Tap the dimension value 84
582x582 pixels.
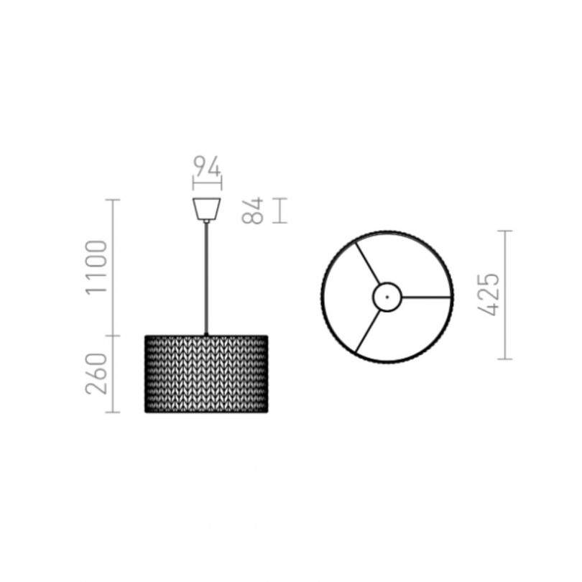tap(252, 211)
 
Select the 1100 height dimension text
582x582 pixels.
tap(96, 267)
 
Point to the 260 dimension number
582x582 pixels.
tap(96, 374)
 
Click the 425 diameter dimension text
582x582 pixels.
tap(489, 295)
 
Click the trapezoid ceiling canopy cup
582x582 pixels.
tap(207, 208)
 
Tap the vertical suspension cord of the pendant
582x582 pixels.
tap(206, 278)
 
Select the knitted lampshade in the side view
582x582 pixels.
tap(206, 374)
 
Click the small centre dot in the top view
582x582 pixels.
tap(387, 297)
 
